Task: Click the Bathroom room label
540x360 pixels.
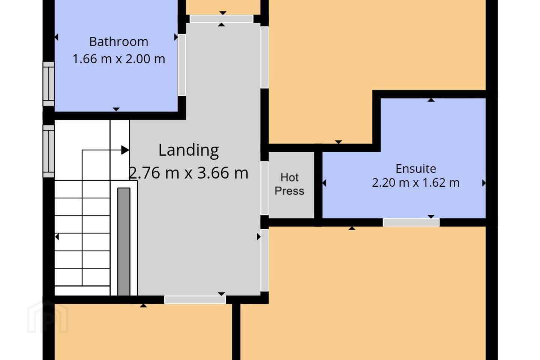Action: tap(118, 42)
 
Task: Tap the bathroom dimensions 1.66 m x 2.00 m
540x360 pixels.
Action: tap(118, 59)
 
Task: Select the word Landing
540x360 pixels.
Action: tap(189, 151)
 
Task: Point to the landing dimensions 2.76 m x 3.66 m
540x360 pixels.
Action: tap(189, 173)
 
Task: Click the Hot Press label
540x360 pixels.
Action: tap(289, 184)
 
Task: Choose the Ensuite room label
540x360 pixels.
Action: tap(416, 168)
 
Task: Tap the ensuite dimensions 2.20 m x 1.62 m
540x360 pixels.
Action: tap(416, 183)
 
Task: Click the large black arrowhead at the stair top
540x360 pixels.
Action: tap(125, 150)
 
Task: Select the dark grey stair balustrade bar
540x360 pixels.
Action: tap(124, 241)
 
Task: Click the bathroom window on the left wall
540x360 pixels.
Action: tap(49, 84)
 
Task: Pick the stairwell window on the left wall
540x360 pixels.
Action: tap(49, 151)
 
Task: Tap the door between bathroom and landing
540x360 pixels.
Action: tap(182, 65)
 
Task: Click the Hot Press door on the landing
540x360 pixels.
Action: tap(264, 188)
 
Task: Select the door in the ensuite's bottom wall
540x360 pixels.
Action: tap(411, 222)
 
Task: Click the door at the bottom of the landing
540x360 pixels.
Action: tap(195, 300)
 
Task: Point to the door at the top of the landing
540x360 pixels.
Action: tap(222, 19)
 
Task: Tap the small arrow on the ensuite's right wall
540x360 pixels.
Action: tap(484, 183)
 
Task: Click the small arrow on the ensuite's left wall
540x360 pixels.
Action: tap(324, 183)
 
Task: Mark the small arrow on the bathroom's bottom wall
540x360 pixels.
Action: tap(116, 109)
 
